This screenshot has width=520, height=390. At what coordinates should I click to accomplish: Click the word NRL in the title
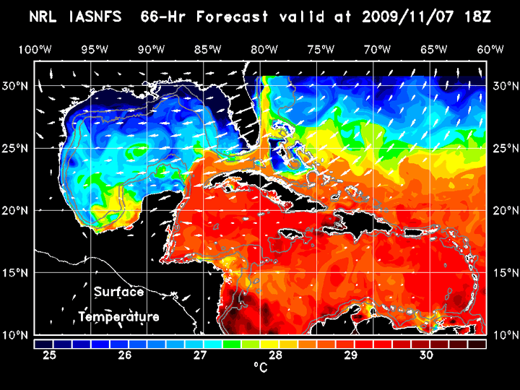[46, 17]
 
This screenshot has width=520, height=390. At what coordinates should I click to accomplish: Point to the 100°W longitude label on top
[35, 49]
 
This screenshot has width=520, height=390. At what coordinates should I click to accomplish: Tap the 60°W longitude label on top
[490, 49]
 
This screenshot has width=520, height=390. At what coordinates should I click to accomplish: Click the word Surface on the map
[119, 292]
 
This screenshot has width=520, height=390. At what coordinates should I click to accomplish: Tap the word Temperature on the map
[119, 317]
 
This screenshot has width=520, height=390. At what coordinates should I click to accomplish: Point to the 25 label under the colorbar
[50, 355]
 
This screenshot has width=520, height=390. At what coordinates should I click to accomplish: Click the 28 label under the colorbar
[275, 355]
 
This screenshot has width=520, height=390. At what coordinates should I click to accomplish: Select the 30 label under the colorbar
[425, 355]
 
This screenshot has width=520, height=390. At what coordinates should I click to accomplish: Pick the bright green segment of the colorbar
[231, 344]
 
